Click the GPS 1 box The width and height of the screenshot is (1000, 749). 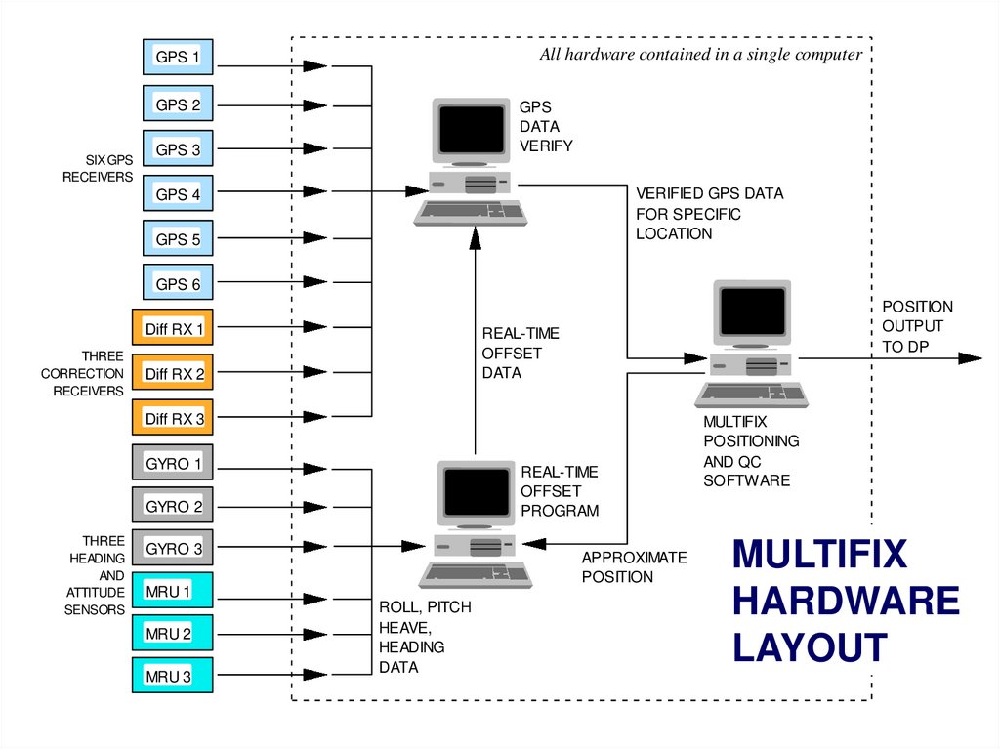(x=178, y=59)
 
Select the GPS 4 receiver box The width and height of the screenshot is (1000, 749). (x=178, y=194)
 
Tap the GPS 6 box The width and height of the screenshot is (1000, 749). (x=178, y=284)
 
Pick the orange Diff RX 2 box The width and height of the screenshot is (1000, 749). (x=173, y=373)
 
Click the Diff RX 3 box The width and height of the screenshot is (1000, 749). (x=173, y=419)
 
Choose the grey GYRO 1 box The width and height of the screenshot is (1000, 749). (x=173, y=464)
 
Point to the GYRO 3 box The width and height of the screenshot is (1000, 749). (x=173, y=549)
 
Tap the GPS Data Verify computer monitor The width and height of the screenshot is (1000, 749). (x=472, y=131)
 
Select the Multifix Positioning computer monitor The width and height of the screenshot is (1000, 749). (x=751, y=312)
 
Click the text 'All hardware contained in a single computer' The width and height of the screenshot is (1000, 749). (x=700, y=55)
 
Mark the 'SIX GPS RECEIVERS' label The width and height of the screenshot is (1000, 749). (x=98, y=168)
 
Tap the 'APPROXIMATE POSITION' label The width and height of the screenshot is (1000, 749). (x=634, y=567)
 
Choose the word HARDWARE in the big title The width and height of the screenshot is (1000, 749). (x=846, y=601)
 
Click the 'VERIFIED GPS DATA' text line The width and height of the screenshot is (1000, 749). (x=709, y=193)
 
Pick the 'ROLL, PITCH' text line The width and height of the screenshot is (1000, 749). (x=425, y=607)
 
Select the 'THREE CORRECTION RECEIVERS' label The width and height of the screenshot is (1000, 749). (x=83, y=374)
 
